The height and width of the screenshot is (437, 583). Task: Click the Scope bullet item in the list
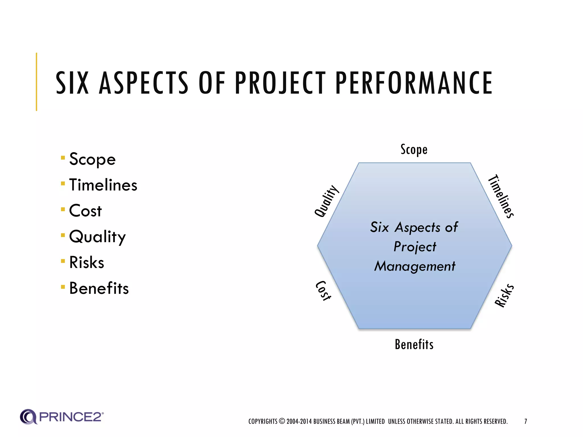coord(93,159)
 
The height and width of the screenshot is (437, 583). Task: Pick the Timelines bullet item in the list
coord(103,185)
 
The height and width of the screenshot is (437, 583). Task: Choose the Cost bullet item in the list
coord(85,211)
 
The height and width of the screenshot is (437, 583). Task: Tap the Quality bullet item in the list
coord(97,237)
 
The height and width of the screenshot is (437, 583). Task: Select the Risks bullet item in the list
coord(87,262)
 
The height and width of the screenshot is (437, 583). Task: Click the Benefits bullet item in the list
coord(99,288)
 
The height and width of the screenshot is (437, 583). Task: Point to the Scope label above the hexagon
coord(414,150)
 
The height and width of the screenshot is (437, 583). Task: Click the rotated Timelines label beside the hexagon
coord(501,196)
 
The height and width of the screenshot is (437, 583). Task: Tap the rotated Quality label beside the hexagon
coord(327,201)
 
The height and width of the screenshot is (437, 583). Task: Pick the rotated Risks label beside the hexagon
coord(504,295)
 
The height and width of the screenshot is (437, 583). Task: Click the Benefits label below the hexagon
coord(414,345)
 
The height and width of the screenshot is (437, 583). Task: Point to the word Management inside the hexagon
coord(415,266)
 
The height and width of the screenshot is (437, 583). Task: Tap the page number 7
coord(525,421)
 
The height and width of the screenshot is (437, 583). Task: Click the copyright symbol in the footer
coord(282,421)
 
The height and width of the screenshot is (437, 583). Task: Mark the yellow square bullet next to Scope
coord(63,158)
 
